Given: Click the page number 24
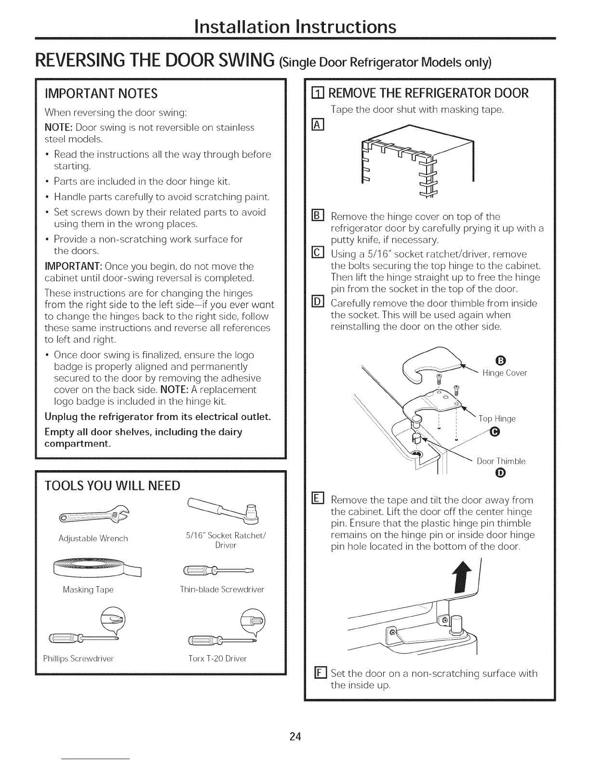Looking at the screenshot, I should coord(295,737).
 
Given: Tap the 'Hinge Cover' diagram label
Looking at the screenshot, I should coord(505,373).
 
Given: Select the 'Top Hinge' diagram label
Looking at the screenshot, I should coord(497,419).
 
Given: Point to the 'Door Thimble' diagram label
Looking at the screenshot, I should coord(501,461).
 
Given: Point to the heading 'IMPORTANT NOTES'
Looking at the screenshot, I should coord(101,93).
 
